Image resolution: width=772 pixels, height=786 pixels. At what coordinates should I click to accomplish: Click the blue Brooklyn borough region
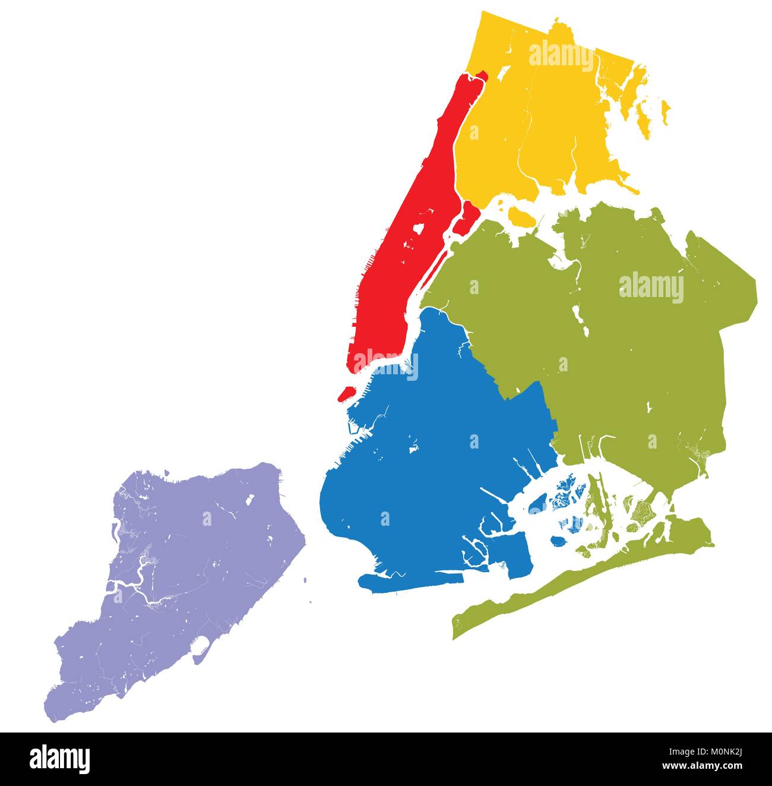coord(428,475)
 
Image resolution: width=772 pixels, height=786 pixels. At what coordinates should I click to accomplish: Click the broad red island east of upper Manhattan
coord(469,214)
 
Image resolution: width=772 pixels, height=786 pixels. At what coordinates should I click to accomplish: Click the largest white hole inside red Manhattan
coord(419,229)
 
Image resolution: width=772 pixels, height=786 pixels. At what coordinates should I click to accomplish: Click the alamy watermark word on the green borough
coord(651,288)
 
